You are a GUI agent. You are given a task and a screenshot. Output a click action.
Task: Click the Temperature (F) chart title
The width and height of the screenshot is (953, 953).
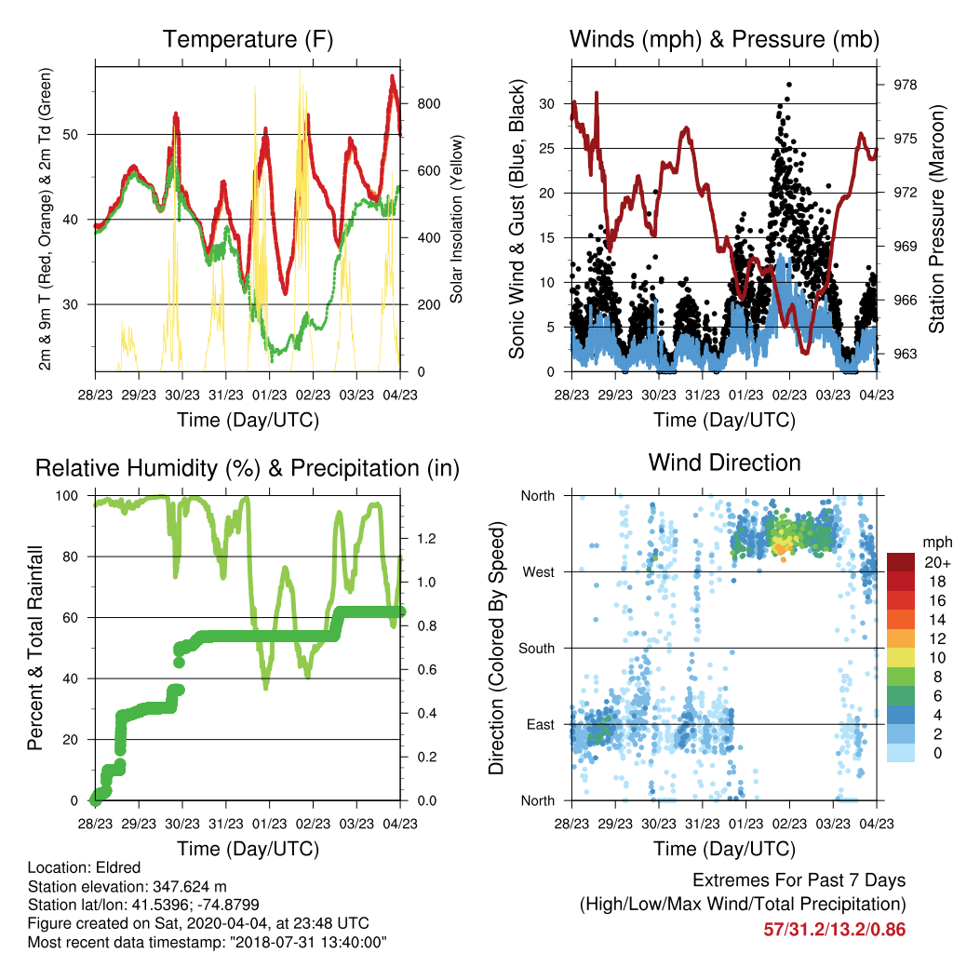248,39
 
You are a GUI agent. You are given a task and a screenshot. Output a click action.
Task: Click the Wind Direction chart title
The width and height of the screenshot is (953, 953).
724,463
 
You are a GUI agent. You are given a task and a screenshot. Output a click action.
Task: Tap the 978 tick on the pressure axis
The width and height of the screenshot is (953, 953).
905,85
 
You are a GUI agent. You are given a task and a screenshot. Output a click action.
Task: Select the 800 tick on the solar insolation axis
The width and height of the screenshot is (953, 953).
428,103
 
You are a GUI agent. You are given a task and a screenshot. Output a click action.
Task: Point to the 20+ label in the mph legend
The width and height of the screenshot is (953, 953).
937,562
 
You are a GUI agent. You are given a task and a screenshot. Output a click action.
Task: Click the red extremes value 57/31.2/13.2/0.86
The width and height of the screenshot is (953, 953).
835,930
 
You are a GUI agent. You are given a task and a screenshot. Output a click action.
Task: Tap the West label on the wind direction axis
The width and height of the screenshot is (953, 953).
539,572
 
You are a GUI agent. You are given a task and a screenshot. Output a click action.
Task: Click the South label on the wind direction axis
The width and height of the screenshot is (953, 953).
537,648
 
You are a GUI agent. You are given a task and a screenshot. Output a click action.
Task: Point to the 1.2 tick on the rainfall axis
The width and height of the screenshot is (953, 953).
426,539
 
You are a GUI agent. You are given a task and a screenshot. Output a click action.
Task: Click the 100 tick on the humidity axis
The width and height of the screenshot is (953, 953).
67,495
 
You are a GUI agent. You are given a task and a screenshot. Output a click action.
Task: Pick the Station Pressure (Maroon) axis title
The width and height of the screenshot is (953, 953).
936,219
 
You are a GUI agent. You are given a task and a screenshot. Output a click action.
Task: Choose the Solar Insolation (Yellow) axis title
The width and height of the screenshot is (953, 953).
456,219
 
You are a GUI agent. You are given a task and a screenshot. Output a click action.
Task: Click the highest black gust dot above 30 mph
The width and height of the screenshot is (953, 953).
789,85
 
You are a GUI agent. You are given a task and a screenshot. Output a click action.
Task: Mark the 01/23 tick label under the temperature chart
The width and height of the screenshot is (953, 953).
269,395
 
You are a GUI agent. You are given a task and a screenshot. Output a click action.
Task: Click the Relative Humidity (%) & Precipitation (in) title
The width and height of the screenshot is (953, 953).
248,469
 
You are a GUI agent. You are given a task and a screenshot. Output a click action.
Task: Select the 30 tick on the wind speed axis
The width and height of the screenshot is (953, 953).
547,103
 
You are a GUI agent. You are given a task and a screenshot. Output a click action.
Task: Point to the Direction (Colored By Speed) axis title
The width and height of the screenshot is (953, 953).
497,648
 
